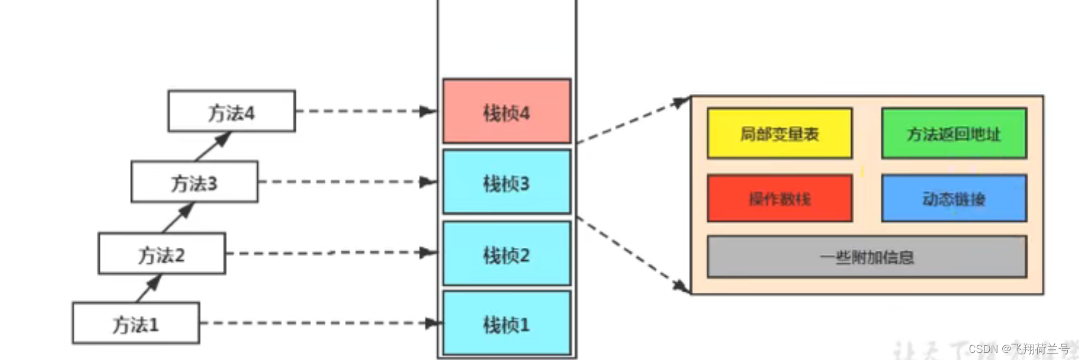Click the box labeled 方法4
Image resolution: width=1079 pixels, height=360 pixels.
[231, 111]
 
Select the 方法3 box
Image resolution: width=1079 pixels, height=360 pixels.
[194, 182]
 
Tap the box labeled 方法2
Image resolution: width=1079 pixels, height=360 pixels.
[162, 253]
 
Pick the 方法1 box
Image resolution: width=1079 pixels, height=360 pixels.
[136, 323]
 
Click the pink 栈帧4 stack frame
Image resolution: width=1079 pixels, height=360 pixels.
[506, 111]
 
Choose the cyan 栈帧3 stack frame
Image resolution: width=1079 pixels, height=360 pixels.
[506, 182]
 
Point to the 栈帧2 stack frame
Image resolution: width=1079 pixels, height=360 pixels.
[506, 253]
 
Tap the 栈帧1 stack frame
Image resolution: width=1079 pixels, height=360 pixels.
[506, 323]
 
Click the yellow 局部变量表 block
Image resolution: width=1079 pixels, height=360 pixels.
[779, 133]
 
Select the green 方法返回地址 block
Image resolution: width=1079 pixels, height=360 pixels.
[954, 133]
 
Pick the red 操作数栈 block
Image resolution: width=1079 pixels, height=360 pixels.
[779, 198]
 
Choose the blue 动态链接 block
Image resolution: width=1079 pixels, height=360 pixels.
[954, 198]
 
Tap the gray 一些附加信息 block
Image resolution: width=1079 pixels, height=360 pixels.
[867, 257]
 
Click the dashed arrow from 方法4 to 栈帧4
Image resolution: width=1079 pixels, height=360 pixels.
[366, 111]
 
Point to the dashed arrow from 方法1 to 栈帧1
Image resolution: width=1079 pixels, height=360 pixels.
[319, 323]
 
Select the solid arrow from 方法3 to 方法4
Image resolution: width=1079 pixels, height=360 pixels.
[212, 146]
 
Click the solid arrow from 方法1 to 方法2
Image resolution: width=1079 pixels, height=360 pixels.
[149, 288]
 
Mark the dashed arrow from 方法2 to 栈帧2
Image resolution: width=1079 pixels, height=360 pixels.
[331, 253]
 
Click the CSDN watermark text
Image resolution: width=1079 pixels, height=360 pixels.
[1019, 349]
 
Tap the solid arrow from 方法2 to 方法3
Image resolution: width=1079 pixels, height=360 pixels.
[178, 218]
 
